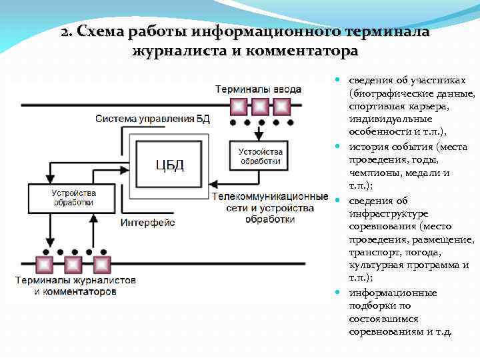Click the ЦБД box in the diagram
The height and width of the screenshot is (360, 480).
tap(169, 165)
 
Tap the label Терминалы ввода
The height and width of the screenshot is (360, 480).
tap(257, 89)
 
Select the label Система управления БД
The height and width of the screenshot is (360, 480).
tap(153, 119)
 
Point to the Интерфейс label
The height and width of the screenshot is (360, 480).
tap(148, 223)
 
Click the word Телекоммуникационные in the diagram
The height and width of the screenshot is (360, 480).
tap(270, 197)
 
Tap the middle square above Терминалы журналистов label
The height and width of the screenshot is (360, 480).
tap(79, 265)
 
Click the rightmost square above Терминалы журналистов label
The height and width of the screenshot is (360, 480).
tap(101, 265)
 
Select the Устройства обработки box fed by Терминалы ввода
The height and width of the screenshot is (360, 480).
tap(260, 157)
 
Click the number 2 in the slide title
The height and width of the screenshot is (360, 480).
tap(64, 33)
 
